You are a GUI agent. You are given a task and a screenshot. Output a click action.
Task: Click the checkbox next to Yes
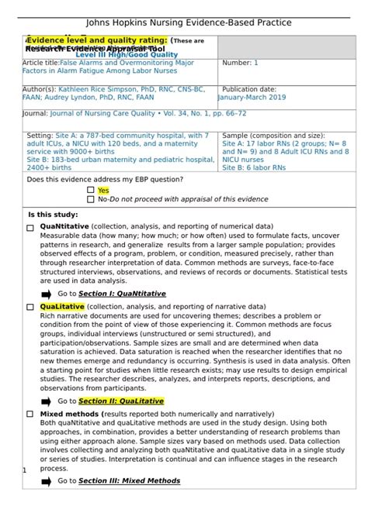91,190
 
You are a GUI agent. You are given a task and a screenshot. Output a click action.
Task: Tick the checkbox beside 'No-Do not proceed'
91,199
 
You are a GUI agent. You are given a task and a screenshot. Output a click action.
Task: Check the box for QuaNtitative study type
30,227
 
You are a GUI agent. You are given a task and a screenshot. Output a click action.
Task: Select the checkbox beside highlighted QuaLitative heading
30,308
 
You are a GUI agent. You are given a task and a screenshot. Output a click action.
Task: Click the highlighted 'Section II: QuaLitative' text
121,401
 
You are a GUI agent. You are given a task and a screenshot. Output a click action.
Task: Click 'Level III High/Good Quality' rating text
127,55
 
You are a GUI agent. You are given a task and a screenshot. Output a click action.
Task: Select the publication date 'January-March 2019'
252,98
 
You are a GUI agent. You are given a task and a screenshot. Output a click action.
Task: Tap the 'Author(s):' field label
40,90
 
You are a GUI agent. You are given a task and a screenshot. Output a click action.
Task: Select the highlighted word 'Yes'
103,190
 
